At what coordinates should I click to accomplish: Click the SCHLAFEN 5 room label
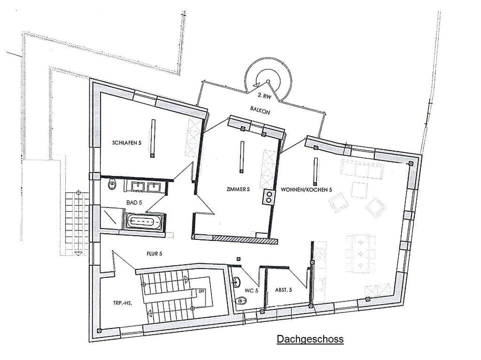[127, 143]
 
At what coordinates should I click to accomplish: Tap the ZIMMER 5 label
[238, 190]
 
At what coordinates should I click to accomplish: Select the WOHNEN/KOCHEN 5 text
[307, 190]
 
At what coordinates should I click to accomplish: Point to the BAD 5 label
[134, 203]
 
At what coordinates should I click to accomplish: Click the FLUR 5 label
[154, 254]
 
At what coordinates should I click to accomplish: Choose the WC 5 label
[252, 290]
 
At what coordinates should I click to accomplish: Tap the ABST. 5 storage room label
[283, 290]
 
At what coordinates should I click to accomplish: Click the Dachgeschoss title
[310, 339]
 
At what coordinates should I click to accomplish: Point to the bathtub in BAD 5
[144, 221]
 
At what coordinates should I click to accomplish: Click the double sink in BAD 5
[146, 187]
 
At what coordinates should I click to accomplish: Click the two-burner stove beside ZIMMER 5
[269, 197]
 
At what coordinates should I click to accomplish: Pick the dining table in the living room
[360, 253]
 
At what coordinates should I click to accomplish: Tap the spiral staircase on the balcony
[268, 80]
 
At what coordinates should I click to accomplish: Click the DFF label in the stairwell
[202, 290]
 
